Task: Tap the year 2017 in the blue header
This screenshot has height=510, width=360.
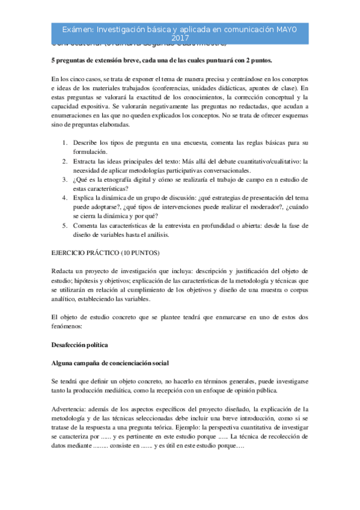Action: point(180,38)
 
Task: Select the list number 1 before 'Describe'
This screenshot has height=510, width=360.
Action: point(65,143)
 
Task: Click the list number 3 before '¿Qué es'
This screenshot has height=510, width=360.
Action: point(65,179)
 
